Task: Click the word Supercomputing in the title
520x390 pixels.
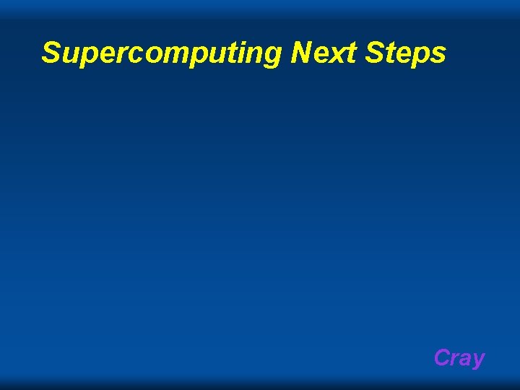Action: [163, 53]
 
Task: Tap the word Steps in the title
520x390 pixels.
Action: [409, 53]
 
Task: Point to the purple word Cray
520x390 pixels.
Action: [459, 357]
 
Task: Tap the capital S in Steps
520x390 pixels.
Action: [382, 52]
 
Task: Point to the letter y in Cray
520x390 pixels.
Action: [478, 360]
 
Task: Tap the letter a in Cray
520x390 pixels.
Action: [467, 359]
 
